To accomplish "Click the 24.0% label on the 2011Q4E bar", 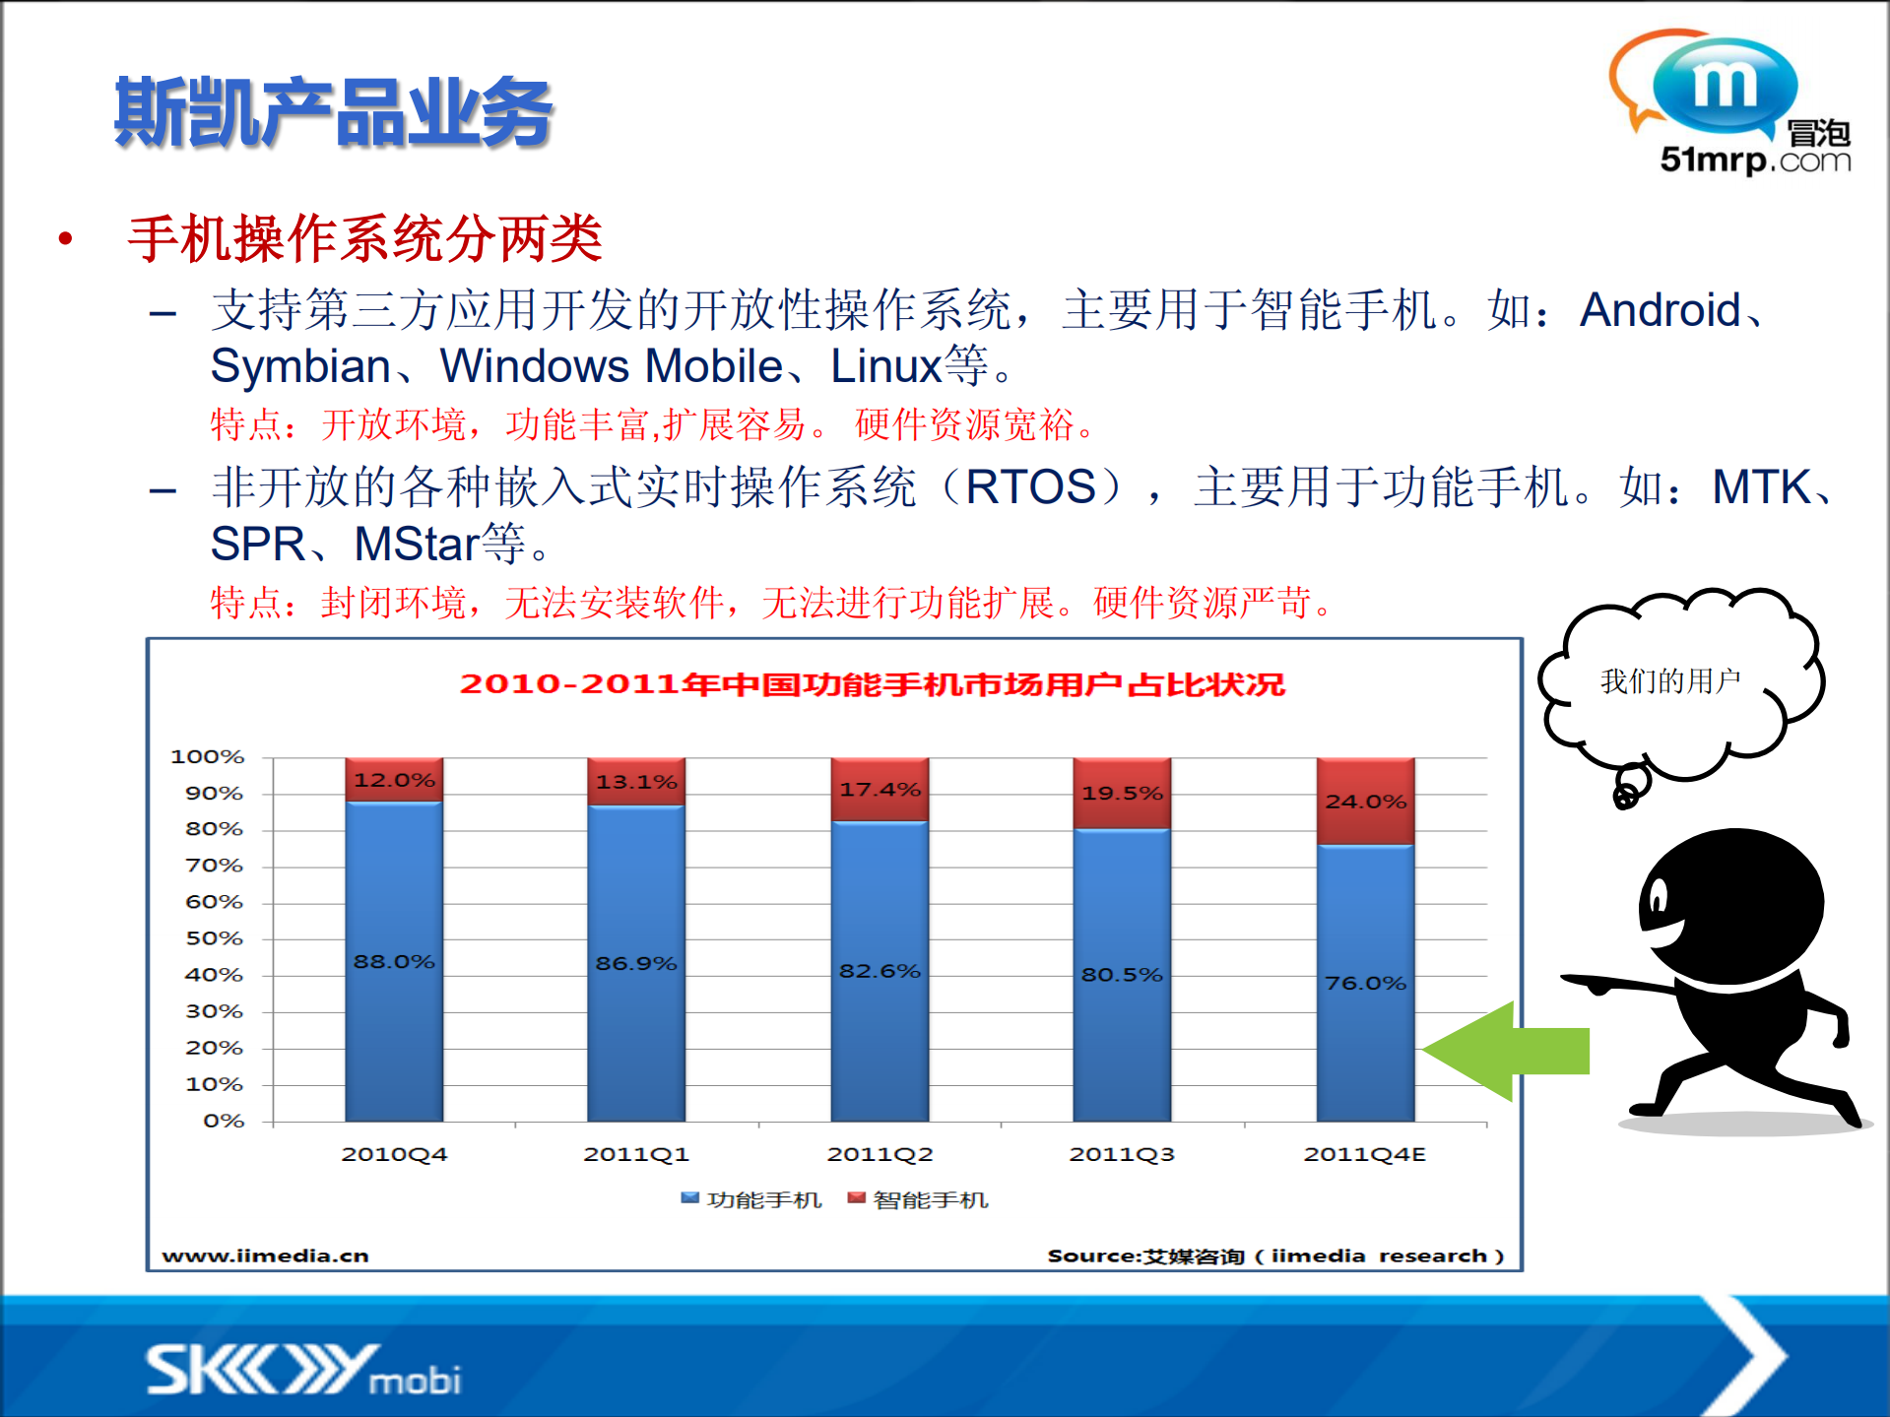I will (x=1365, y=802).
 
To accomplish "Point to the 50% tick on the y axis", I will (x=214, y=938).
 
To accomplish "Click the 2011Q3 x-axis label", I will (x=1122, y=1154).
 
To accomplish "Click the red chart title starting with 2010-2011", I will (x=872, y=684).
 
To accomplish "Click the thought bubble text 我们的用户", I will (x=1670, y=680).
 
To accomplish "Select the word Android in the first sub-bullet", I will (x=1661, y=310).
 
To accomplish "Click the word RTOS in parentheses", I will (x=1030, y=487).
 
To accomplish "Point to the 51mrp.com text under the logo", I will (x=1755, y=160).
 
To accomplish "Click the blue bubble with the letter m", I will (x=1725, y=86).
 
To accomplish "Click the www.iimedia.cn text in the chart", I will (x=265, y=1256).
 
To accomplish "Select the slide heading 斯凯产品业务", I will (x=334, y=113).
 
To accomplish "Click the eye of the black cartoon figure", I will (x=1659, y=898).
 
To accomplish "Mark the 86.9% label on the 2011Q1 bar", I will (x=636, y=963).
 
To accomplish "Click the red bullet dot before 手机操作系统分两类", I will (x=66, y=238).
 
